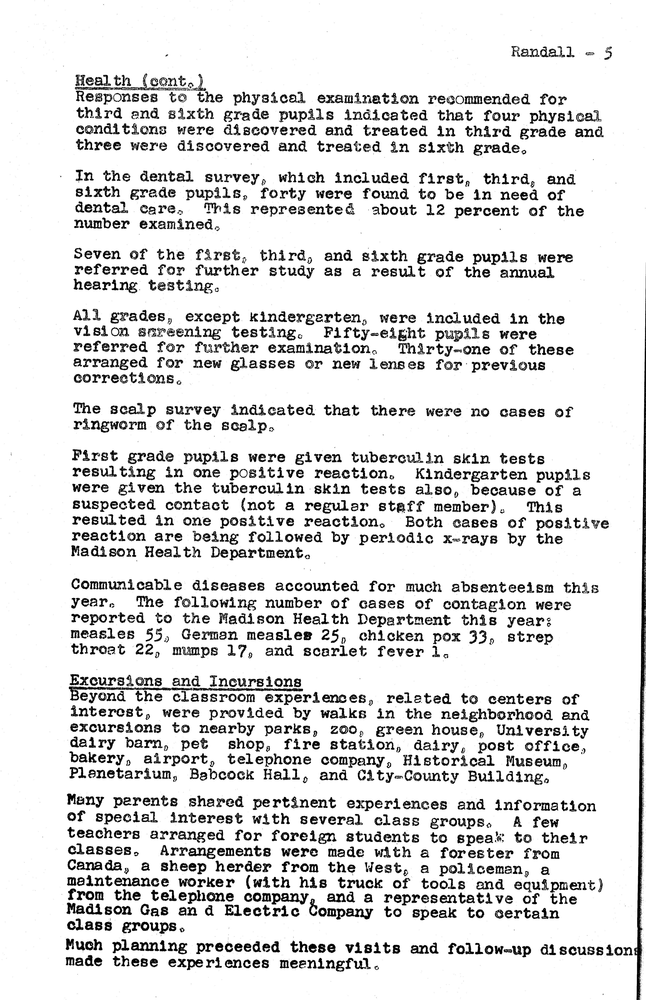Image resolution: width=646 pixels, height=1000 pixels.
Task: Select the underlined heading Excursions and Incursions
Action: (185, 681)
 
